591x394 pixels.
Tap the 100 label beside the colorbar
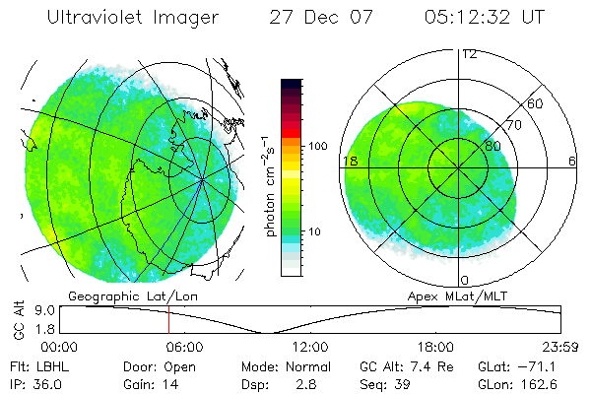pos(317,146)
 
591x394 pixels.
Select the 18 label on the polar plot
pos(349,161)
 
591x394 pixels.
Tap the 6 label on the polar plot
pos(572,161)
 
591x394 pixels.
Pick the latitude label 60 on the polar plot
pos(536,102)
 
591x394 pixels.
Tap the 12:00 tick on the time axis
pos(310,347)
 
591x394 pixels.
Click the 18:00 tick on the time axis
pos(435,347)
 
